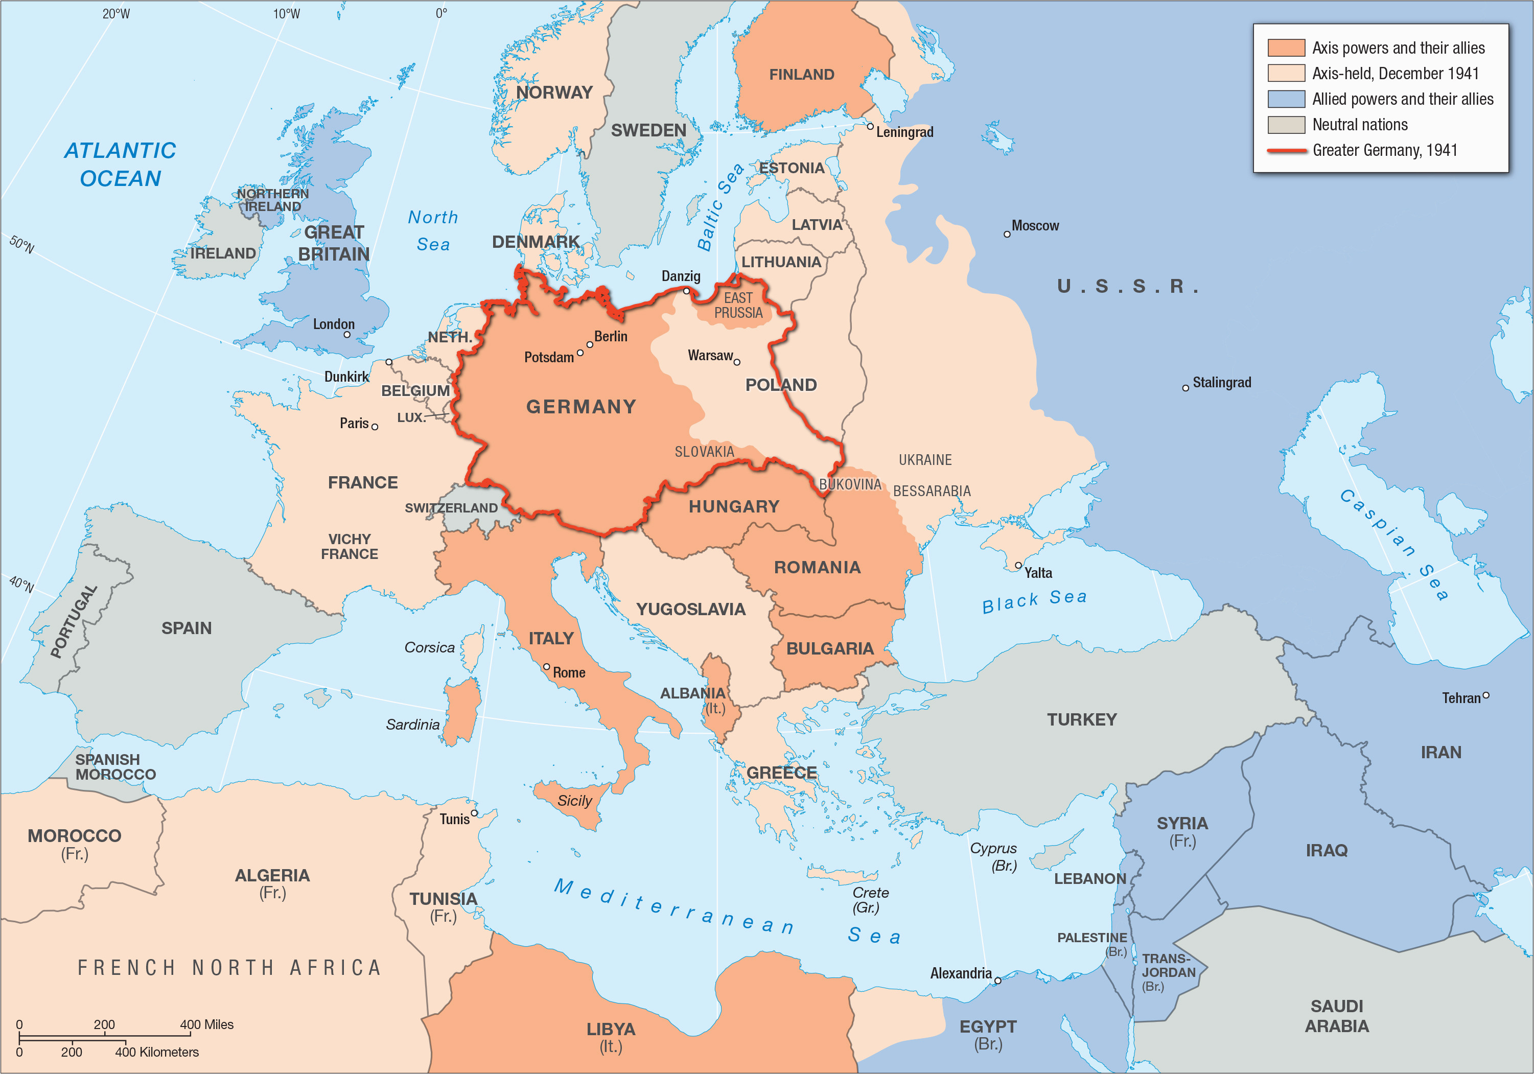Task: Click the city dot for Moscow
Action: click(x=1007, y=235)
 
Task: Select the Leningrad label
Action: click(x=904, y=132)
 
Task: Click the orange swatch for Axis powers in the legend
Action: click(x=1286, y=48)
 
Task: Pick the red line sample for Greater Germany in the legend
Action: click(x=1286, y=151)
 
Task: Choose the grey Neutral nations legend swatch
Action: click(x=1286, y=125)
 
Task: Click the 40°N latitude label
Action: click(x=21, y=585)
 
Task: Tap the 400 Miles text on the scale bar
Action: click(x=206, y=1024)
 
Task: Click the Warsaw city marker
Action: click(x=737, y=363)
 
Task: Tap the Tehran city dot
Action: click(x=1486, y=695)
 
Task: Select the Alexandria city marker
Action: click(x=997, y=981)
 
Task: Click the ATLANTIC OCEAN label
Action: click(x=120, y=165)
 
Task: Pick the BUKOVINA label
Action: click(x=850, y=484)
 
